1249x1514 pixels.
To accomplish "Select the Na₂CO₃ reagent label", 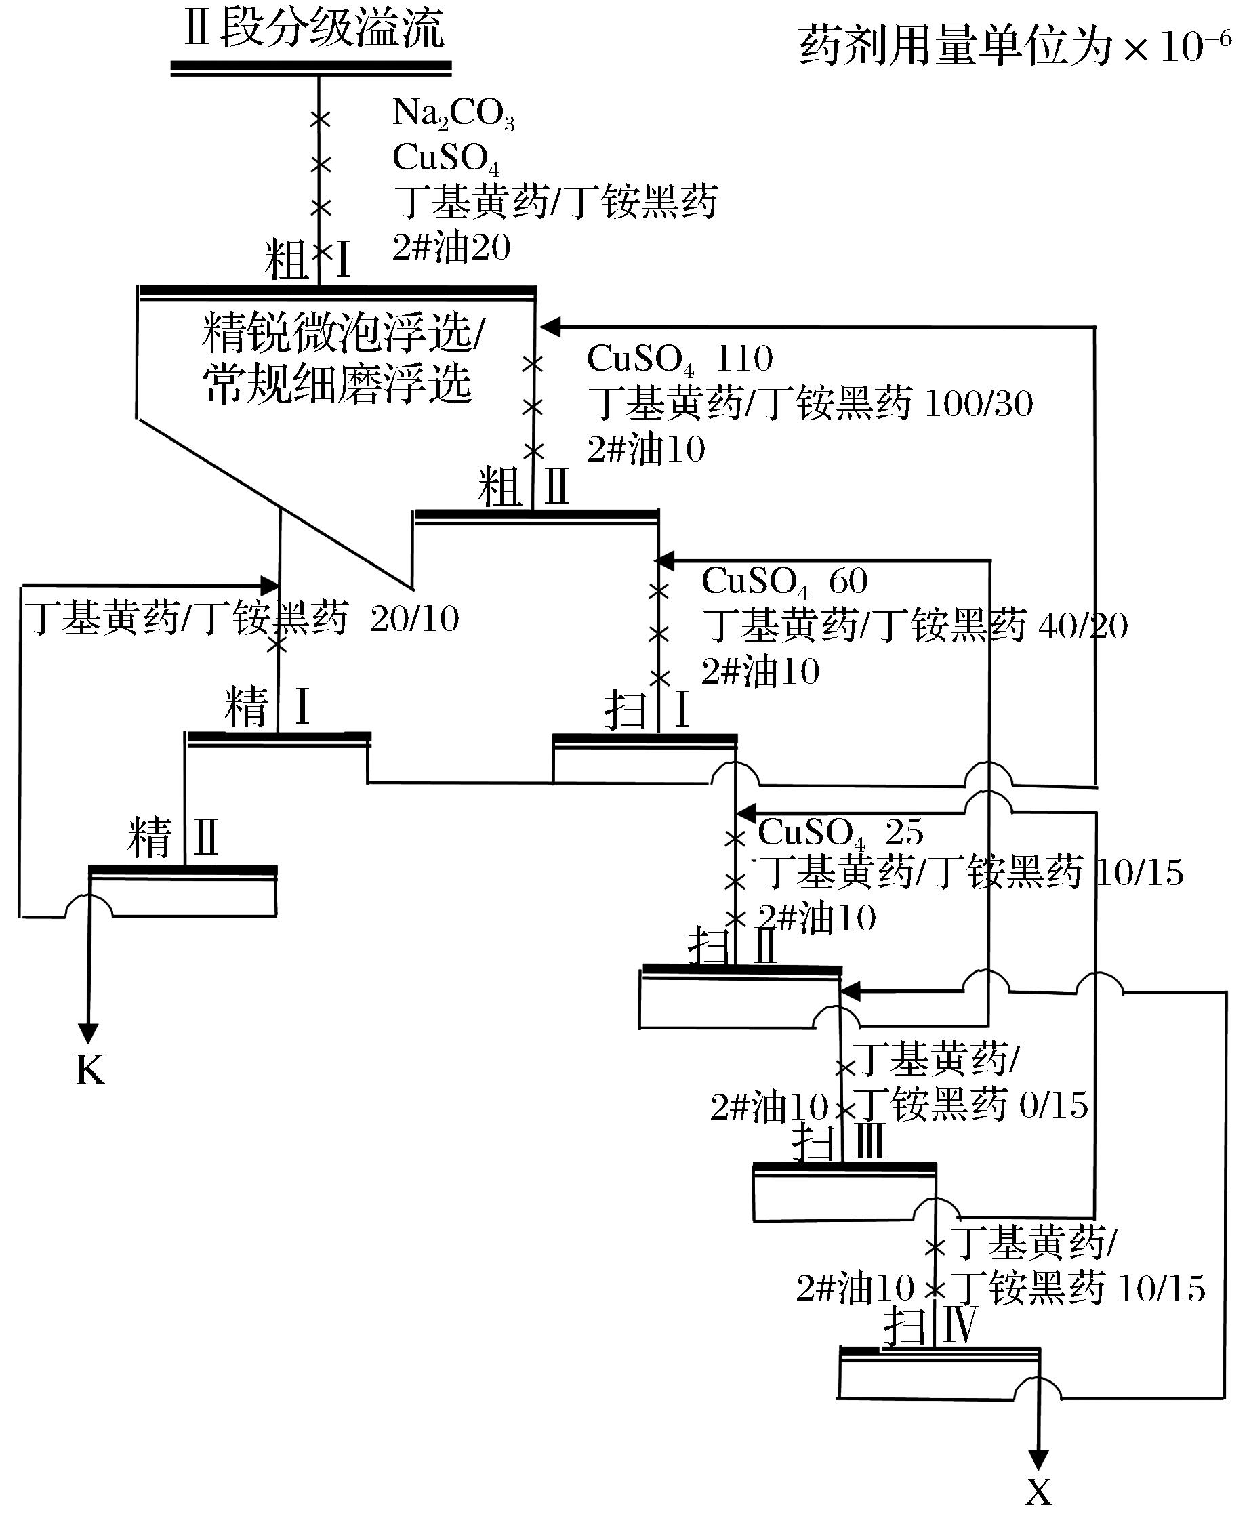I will tap(453, 114).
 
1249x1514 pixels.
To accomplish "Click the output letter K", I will tap(90, 1071).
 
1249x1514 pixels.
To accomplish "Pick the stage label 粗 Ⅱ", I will tap(523, 488).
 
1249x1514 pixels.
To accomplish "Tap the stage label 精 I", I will tap(267, 708).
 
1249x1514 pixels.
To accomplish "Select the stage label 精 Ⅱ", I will tap(173, 838).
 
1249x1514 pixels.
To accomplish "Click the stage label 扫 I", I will tap(647, 710).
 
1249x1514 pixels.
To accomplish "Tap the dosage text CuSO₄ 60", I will tap(784, 581).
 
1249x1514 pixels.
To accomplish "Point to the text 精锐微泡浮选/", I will tap(344, 333).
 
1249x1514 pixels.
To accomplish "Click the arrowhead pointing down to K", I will tap(89, 1034).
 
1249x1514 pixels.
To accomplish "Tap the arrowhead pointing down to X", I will tap(1038, 1458).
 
